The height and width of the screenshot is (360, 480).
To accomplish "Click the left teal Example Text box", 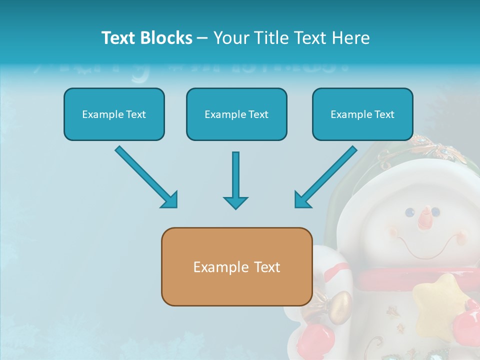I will coord(114,114).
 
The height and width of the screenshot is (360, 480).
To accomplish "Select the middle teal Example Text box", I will coord(236,114).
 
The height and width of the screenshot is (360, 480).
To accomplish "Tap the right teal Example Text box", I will coord(362,114).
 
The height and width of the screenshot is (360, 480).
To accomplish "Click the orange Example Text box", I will coord(236,266).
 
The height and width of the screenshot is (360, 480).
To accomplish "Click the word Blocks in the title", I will coord(167,38).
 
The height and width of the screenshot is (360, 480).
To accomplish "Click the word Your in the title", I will coord(230,38).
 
